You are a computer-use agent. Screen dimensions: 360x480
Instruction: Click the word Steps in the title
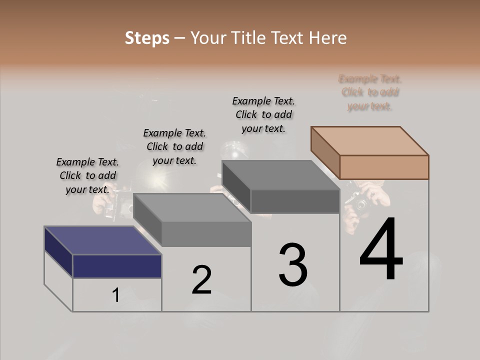pyautogui.click(x=147, y=38)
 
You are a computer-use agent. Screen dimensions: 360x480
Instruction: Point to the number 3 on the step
pyautogui.click(x=293, y=265)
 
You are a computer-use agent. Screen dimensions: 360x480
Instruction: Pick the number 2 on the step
pyautogui.click(x=201, y=280)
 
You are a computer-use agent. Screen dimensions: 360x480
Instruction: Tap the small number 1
pyautogui.click(x=115, y=295)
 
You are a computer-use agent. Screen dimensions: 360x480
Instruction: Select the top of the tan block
pyautogui.click(x=369, y=140)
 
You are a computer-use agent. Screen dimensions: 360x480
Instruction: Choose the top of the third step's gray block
pyautogui.click(x=280, y=175)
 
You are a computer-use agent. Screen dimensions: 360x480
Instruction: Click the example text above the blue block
pyautogui.click(x=87, y=175)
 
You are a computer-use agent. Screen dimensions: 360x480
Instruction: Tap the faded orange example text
pyautogui.click(x=370, y=92)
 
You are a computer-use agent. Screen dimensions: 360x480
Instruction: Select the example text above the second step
pyautogui.click(x=174, y=146)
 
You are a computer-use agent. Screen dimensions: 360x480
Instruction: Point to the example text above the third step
pyautogui.click(x=263, y=114)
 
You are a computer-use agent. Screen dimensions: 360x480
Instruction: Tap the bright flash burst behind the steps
pyautogui.click(x=158, y=178)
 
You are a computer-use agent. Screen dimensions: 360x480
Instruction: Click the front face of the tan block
pyautogui.click(x=384, y=167)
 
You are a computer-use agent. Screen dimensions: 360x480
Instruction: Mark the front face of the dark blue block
pyautogui.click(x=117, y=266)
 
